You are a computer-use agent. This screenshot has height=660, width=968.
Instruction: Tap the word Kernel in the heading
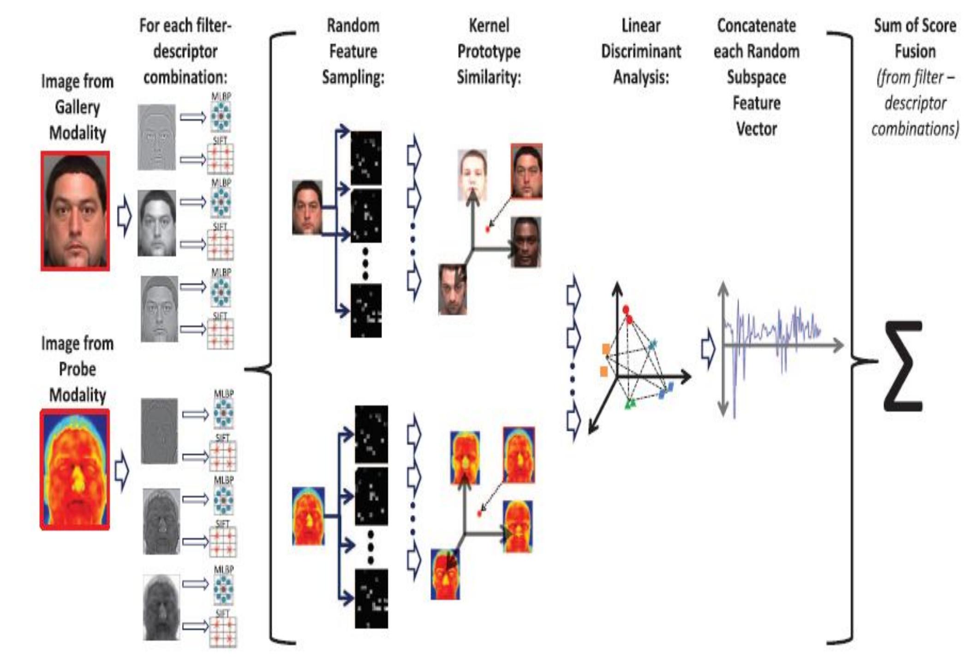[x=489, y=25]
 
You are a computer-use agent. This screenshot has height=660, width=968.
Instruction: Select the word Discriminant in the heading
[x=641, y=51]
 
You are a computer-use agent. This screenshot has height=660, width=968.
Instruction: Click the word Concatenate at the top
[x=756, y=25]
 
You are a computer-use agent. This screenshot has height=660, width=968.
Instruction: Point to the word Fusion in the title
[x=915, y=51]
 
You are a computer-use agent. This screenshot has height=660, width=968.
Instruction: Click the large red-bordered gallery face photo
[x=76, y=211]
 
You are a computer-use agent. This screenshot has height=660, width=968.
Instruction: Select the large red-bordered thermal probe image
[x=75, y=469]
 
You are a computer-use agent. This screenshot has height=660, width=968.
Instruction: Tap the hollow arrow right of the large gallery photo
[x=124, y=216]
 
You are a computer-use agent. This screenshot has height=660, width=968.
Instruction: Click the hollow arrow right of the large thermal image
[x=122, y=471]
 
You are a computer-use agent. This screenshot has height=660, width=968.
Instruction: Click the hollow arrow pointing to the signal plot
[x=708, y=348]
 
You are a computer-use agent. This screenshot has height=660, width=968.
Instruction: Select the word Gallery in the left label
[x=77, y=107]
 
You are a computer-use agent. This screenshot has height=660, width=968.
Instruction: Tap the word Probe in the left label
[x=77, y=369]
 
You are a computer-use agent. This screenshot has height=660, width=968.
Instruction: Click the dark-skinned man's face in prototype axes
[x=526, y=242]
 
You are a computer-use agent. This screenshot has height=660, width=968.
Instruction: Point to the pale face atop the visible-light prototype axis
[x=472, y=174]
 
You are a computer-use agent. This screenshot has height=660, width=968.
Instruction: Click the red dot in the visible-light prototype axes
[x=488, y=229]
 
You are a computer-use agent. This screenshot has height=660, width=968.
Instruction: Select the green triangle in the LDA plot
[x=630, y=404]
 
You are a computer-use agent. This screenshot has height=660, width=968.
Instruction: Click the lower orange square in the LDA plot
[x=604, y=371]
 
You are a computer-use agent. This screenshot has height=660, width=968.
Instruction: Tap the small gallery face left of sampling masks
[x=307, y=207]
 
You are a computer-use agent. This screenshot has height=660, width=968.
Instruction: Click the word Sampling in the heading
[x=353, y=77]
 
